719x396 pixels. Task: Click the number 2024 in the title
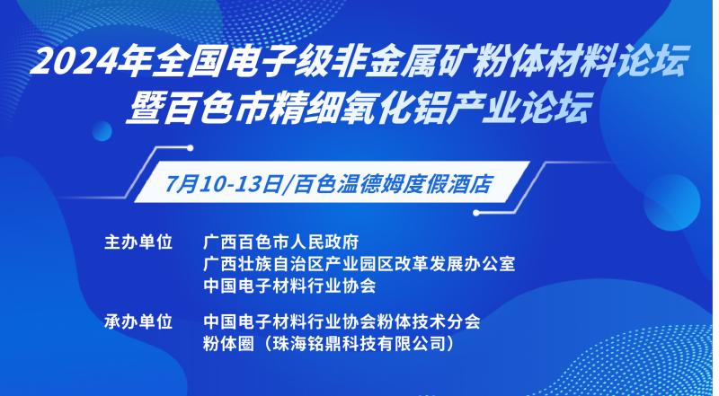point(74,61)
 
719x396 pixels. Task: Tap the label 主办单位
point(138,242)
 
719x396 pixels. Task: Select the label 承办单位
point(138,321)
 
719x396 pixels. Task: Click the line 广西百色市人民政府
point(280,242)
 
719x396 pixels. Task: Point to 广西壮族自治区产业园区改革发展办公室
point(359,264)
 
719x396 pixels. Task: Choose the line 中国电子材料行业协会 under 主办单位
point(289,286)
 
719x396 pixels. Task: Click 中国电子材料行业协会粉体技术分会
point(342,321)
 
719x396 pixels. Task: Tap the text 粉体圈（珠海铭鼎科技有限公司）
point(330,343)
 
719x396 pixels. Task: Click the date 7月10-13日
point(222,184)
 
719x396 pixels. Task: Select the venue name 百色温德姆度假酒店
point(393,184)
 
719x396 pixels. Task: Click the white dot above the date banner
point(190,148)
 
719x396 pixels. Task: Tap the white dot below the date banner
point(476,213)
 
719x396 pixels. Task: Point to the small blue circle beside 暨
point(102,131)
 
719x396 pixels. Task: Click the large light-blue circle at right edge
point(671,202)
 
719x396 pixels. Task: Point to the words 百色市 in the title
point(217,108)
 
